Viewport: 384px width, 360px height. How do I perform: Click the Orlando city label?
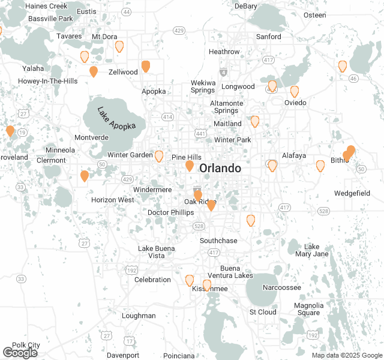pyautogui.click(x=220, y=168)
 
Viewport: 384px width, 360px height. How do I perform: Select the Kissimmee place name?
pyautogui.click(x=209, y=289)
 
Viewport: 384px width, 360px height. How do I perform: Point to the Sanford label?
pyautogui.click(x=268, y=37)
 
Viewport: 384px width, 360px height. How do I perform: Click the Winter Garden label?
pyautogui.click(x=130, y=155)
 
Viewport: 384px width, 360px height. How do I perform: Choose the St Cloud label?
pyautogui.click(x=263, y=312)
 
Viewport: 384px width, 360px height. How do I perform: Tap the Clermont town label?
pyautogui.click(x=51, y=160)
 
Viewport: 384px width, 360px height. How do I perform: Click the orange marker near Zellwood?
pyautogui.click(x=145, y=67)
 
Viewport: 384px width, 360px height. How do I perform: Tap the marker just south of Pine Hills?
pyautogui.click(x=190, y=166)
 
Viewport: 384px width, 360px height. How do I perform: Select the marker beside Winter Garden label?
pyautogui.click(x=159, y=156)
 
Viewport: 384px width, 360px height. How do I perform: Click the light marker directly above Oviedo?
pyautogui.click(x=295, y=91)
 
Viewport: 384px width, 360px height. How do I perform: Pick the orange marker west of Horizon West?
pyautogui.click(x=85, y=176)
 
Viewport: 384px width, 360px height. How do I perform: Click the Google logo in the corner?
pyautogui.click(x=20, y=352)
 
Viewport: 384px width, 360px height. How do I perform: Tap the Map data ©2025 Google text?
pyautogui.click(x=346, y=355)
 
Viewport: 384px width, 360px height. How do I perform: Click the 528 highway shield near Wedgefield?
pyautogui.click(x=324, y=211)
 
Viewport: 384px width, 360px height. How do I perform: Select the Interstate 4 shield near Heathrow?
pyautogui.click(x=224, y=71)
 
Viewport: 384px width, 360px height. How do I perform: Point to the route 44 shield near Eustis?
pyautogui.click(x=126, y=11)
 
